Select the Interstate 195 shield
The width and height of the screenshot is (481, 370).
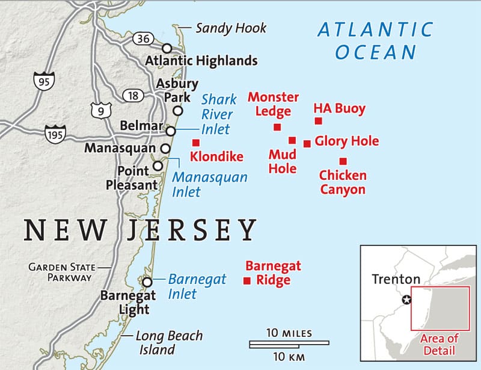click(x=55, y=134)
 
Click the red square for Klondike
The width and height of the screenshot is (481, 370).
click(x=195, y=143)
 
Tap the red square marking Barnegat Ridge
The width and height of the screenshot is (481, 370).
click(x=246, y=280)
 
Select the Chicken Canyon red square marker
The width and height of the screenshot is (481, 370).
click(x=343, y=161)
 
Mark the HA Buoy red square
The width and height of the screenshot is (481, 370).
click(x=318, y=121)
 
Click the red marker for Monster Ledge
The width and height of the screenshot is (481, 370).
click(x=277, y=127)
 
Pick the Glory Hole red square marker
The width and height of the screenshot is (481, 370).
click(x=307, y=143)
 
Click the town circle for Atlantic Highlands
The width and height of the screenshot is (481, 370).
click(x=167, y=48)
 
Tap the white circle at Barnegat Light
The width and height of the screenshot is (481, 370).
click(x=147, y=282)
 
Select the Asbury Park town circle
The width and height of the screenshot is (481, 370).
click(x=177, y=111)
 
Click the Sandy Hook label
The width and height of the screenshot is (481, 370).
click(x=230, y=28)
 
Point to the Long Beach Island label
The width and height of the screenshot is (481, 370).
click(x=169, y=343)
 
